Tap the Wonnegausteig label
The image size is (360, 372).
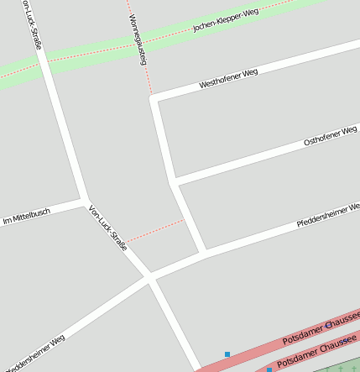click(138, 39)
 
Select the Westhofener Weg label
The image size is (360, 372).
click(228, 78)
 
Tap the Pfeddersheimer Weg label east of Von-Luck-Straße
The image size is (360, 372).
click(327, 216)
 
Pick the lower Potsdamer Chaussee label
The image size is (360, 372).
click(316, 351)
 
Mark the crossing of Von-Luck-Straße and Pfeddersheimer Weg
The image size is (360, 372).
click(149, 277)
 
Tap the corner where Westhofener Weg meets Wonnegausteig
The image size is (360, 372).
click(154, 98)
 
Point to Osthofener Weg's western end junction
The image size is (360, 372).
click(173, 181)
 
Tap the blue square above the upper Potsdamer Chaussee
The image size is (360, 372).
click(227, 354)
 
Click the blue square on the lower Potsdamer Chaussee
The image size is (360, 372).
click(269, 369)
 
